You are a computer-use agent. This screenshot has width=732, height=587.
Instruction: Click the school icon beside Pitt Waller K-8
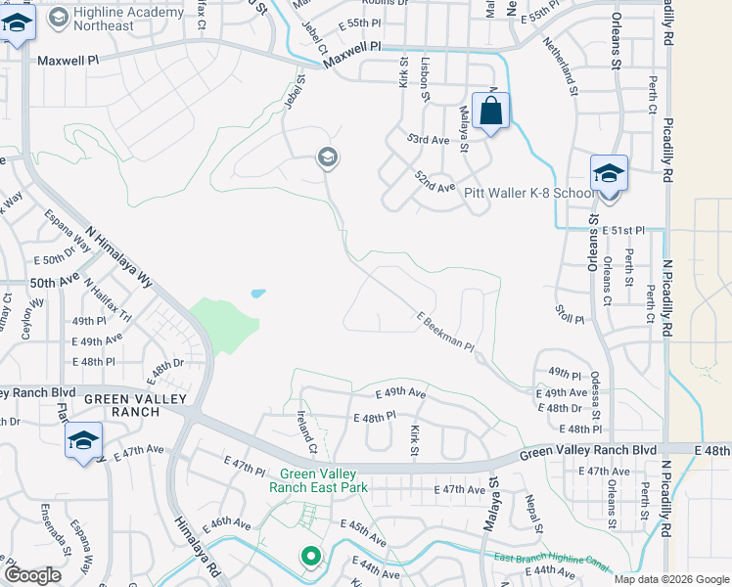coord(609,174)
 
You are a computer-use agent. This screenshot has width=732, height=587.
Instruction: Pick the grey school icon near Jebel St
coord(327,158)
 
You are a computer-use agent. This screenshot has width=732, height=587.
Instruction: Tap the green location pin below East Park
coord(311,557)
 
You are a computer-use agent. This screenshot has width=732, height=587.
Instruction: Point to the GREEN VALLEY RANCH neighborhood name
coord(121,405)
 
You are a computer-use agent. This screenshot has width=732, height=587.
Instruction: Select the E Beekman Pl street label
coord(444,333)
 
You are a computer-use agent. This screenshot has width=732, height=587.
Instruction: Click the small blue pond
coord(257,293)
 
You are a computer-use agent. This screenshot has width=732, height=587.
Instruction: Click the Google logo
coord(33,575)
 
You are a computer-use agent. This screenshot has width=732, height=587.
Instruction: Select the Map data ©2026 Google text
coord(671,578)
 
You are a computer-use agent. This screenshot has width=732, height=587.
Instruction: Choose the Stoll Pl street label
coord(569,320)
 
